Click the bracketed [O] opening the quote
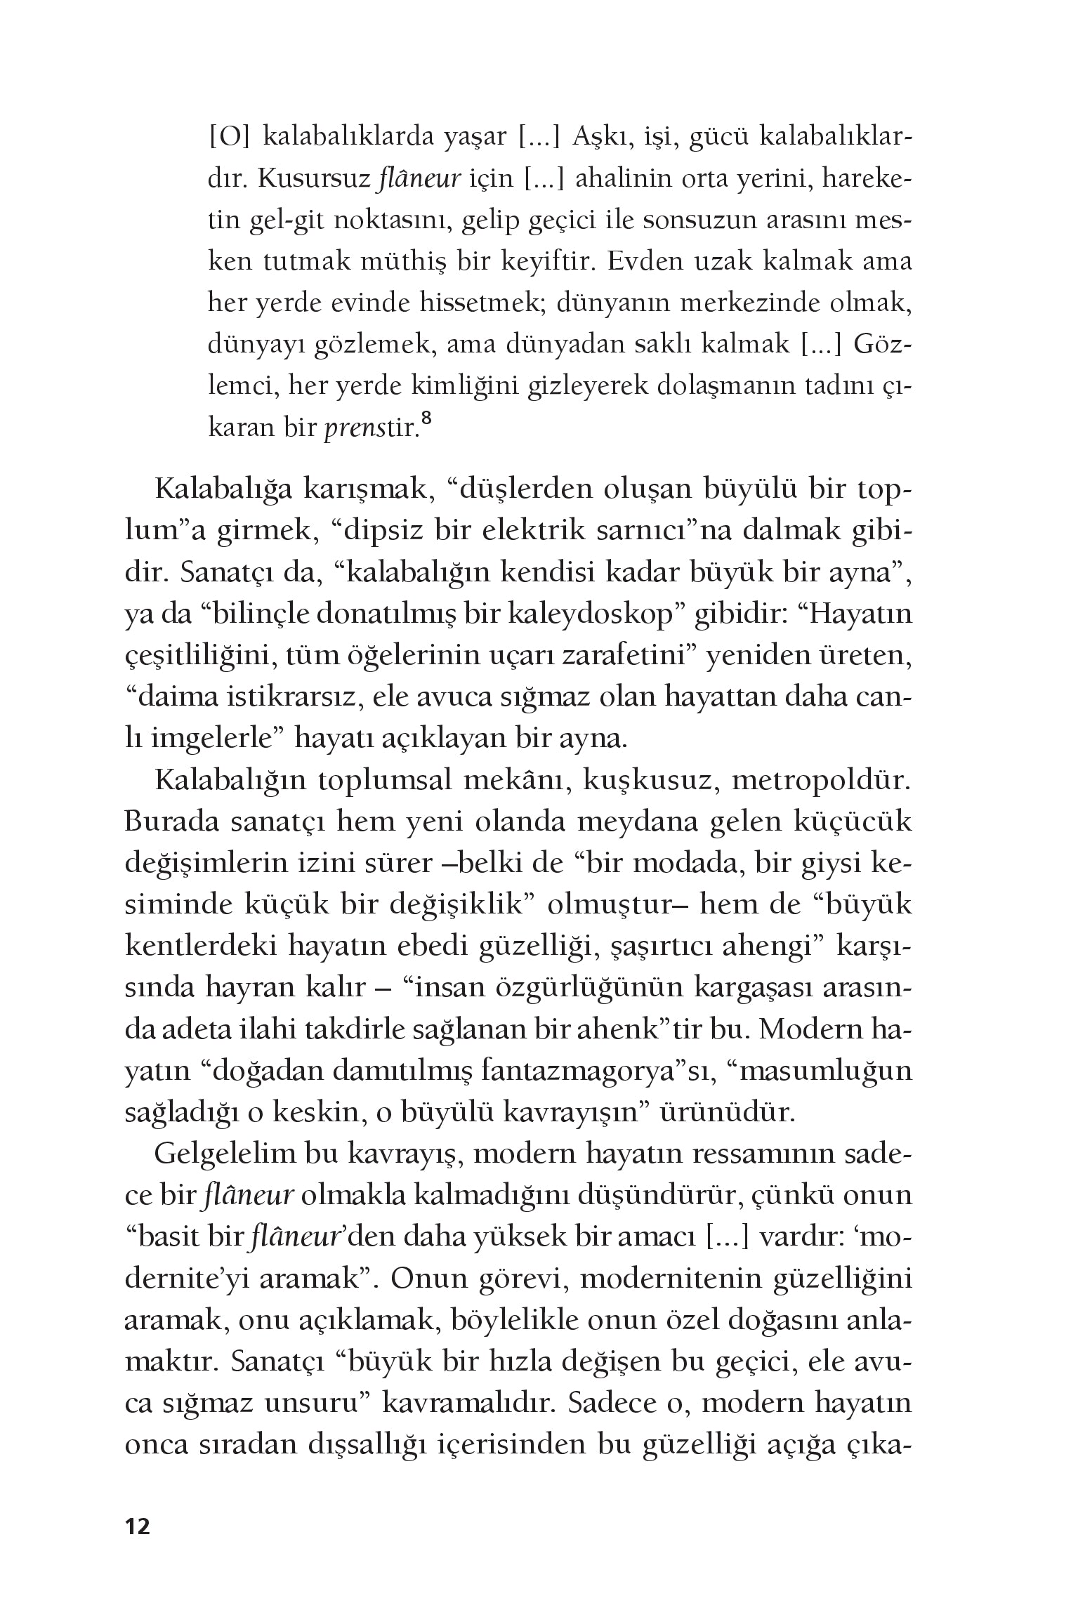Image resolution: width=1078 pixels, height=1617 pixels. [x=229, y=138]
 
